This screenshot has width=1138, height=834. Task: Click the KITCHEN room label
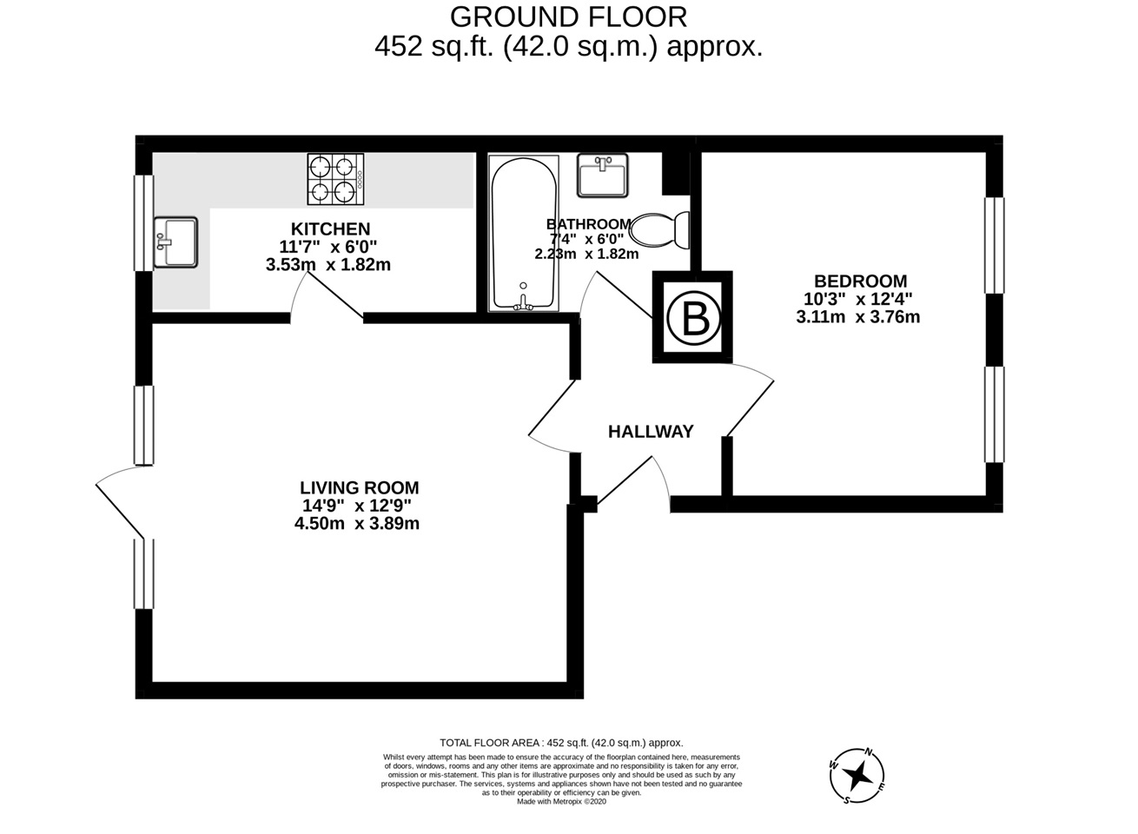tap(330, 229)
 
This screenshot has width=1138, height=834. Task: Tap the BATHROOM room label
tap(588, 223)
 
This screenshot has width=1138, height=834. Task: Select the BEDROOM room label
tap(860, 281)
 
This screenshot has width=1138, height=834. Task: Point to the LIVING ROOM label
tap(359, 488)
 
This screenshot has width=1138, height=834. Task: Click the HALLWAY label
tap(651, 432)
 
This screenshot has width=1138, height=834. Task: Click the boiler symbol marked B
tap(693, 318)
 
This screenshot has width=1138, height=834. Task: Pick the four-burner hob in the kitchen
tap(334, 180)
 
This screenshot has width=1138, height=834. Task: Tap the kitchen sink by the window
tap(175, 242)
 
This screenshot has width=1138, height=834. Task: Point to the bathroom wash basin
tap(602, 175)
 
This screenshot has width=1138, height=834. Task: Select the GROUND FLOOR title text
tap(568, 16)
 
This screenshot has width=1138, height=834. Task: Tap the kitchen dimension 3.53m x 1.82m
tap(328, 265)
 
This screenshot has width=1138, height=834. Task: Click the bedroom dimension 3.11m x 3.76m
tap(858, 317)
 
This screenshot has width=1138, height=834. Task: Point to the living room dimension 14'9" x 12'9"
tap(357, 506)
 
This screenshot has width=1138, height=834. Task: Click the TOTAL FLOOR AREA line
tap(561, 743)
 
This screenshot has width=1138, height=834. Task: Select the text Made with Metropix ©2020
tap(561, 802)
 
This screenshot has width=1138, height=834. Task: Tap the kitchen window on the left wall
tap(143, 223)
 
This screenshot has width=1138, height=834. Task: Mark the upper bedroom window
tap(994, 245)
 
